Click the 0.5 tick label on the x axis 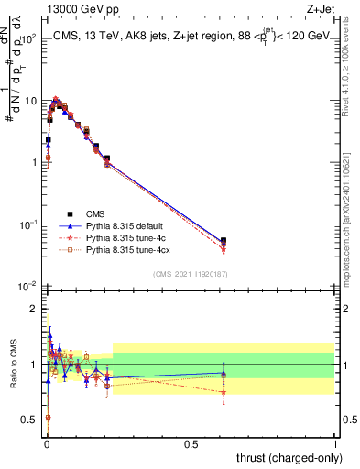[191, 442]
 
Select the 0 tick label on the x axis [46, 442]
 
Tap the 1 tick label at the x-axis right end [335, 442]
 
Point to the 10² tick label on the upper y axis [27, 39]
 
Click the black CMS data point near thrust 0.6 [224, 241]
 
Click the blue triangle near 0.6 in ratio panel [224, 372]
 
